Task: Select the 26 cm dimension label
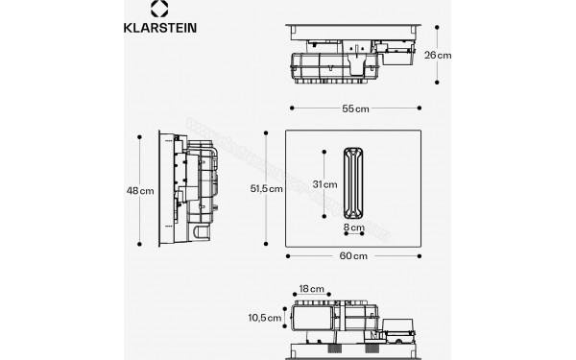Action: pyautogui.click(x=438, y=56)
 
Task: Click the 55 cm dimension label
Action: pyautogui.click(x=354, y=108)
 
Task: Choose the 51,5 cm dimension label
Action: pyautogui.click(x=267, y=189)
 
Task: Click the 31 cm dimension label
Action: pyautogui.click(x=324, y=184)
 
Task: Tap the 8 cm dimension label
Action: pyautogui.click(x=354, y=228)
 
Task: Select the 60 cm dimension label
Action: pyautogui.click(x=354, y=256)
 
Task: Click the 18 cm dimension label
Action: pyautogui.click(x=308, y=287)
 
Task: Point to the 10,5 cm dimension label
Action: pyautogui.click(x=267, y=317)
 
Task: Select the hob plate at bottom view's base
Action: pyautogui.click(x=354, y=345)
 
